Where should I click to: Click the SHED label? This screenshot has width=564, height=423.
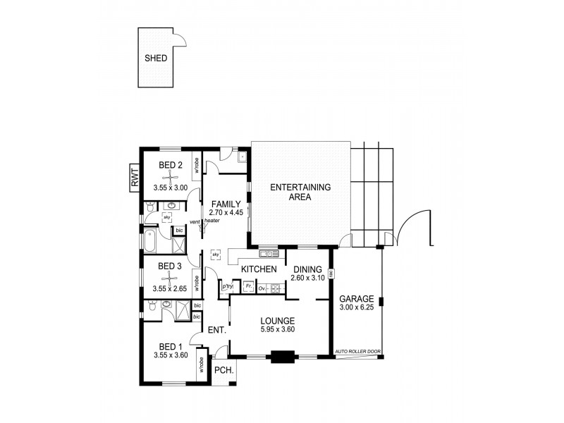point(156,59)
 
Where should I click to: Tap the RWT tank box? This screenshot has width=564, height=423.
point(134,176)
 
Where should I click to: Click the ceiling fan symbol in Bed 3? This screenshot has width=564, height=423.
point(170,277)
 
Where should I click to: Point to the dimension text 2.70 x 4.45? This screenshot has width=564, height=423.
point(226,211)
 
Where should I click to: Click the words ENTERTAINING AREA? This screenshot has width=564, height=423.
point(300,192)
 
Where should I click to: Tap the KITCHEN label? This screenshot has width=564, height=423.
point(258,270)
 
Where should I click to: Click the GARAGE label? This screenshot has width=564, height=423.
point(355,298)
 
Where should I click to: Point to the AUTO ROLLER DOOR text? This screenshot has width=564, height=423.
point(357,351)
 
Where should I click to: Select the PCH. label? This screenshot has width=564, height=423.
point(223,370)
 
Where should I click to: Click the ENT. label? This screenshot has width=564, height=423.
point(216,331)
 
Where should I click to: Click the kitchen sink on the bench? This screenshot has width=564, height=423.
point(268,254)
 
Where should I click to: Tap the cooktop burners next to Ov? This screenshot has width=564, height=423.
point(276,288)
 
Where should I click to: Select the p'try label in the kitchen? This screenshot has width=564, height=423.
point(227,287)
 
